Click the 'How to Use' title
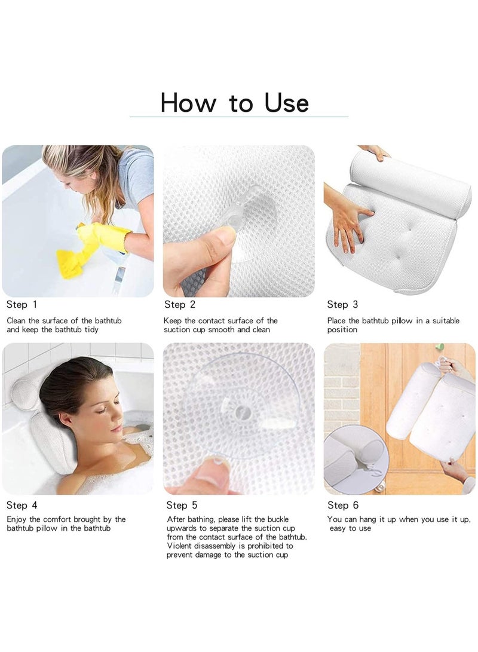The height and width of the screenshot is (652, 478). click(234, 103)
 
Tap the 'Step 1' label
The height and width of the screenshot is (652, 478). click(22, 305)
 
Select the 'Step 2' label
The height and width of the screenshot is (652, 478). click(180, 305)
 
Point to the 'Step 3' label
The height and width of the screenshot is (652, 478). click(342, 305)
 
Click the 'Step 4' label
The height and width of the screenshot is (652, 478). click(22, 505)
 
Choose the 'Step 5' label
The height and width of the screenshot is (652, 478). click(182, 506)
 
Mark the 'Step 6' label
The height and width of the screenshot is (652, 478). click(342, 505)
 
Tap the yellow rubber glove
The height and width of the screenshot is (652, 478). click(105, 236)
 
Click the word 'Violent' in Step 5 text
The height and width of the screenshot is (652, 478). click(180, 546)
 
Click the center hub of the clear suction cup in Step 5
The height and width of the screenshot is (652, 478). click(243, 412)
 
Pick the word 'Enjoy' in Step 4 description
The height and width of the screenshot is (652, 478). click(17, 519)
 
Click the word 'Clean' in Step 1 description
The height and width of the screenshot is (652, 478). click(17, 321)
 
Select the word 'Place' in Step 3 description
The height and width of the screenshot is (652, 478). click(338, 321)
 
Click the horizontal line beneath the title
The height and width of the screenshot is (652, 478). click(239, 117)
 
